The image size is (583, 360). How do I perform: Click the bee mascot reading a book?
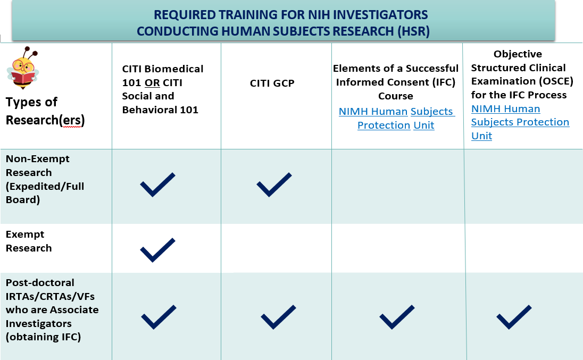[x=22, y=68]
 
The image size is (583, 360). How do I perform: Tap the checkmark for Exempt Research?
[x=157, y=250]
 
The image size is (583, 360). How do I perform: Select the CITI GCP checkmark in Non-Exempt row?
[x=274, y=185]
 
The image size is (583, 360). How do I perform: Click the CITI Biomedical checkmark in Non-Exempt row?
[x=157, y=185]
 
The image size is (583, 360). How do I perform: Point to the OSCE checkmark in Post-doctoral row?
[x=514, y=317]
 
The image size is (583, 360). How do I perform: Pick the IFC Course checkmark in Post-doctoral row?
[x=397, y=317]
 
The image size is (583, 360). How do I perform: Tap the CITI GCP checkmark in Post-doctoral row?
[x=278, y=317]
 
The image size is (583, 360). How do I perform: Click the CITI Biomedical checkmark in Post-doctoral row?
[x=159, y=317]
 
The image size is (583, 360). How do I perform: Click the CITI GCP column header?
[x=272, y=83]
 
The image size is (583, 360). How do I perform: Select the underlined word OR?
[x=152, y=82]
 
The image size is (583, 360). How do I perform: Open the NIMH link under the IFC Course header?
[x=396, y=118]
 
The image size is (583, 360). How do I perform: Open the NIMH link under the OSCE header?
[x=520, y=122]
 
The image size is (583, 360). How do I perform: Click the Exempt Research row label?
[x=29, y=241]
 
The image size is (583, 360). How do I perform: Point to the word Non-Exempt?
[x=38, y=159]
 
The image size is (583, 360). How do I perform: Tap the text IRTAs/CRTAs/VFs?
[x=50, y=297]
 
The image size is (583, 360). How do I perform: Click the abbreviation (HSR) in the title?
[x=413, y=31]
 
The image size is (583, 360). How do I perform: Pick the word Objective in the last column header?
[x=518, y=54]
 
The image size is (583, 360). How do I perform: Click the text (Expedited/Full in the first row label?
[x=45, y=187]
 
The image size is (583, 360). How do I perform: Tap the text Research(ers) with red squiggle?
[x=45, y=120]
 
